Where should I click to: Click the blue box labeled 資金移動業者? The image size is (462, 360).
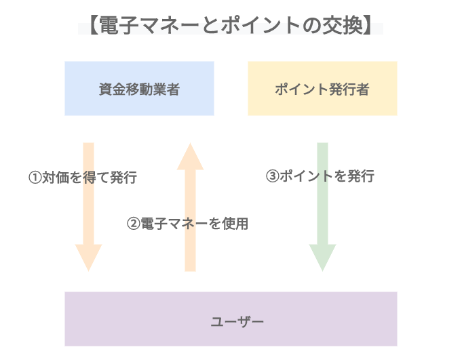click(139, 88)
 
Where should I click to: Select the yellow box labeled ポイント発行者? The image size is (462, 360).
click(322, 88)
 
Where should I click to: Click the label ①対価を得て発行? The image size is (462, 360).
click(82, 178)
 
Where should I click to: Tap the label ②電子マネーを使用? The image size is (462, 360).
click(188, 223)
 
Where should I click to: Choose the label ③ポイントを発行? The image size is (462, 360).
click(320, 176)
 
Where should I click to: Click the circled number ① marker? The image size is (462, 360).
click(35, 178)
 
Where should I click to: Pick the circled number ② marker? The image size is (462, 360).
click(134, 223)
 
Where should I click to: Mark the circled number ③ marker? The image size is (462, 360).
click(271, 176)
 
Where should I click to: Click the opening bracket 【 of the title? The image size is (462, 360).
click(90, 26)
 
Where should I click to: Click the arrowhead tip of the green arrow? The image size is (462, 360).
click(323, 268)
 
